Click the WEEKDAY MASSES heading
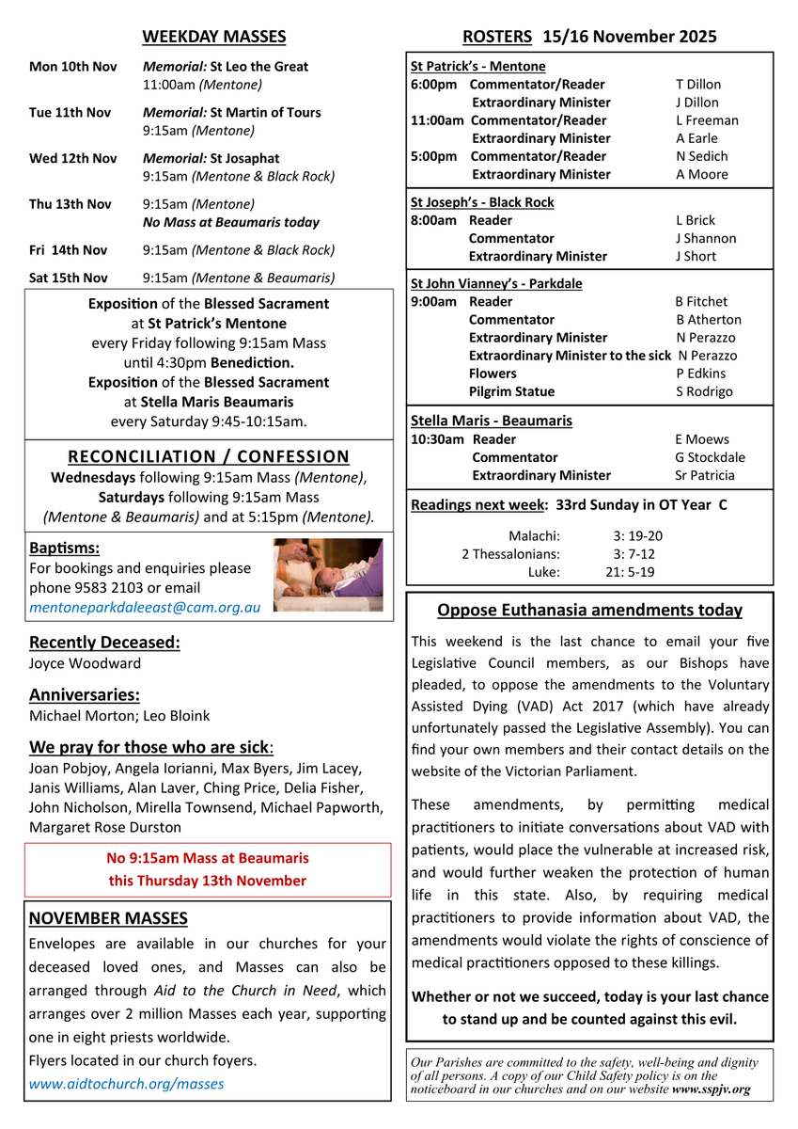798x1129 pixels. click(x=213, y=37)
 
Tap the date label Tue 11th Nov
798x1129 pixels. click(x=70, y=113)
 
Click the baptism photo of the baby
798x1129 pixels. click(x=328, y=575)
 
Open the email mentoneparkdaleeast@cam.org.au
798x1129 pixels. click(x=145, y=608)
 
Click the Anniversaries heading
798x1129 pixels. click(x=85, y=695)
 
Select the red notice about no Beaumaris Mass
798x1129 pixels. click(x=207, y=869)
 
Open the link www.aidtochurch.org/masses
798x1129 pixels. click(x=127, y=1083)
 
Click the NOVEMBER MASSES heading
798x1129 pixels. click(x=108, y=918)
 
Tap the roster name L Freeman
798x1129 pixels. click(x=707, y=120)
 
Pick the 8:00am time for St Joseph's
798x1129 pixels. click(x=433, y=220)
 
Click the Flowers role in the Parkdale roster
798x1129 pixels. click(x=493, y=374)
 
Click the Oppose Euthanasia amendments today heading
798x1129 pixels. click(x=589, y=610)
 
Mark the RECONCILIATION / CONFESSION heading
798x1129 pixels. click(x=209, y=456)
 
